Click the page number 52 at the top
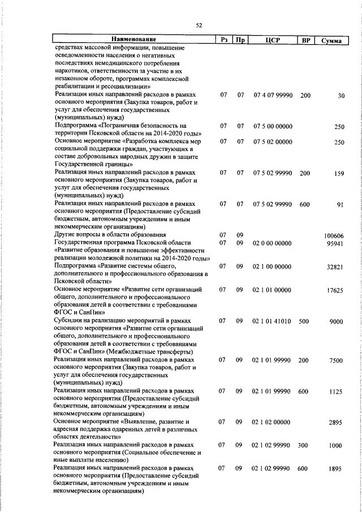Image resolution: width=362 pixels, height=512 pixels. pyautogui.click(x=199, y=25)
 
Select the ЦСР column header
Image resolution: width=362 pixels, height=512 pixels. pyautogui.click(x=273, y=40)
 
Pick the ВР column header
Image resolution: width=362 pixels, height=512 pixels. pyautogui.click(x=306, y=40)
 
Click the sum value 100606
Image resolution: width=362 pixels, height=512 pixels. pyautogui.click(x=334, y=235)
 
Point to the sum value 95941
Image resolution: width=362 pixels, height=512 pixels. pyautogui.click(x=334, y=244)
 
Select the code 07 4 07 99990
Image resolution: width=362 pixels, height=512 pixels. pyautogui.click(x=273, y=96)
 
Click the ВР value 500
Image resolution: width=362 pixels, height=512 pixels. pyautogui.click(x=304, y=321)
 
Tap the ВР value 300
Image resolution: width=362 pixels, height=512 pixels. pyautogui.click(x=304, y=446)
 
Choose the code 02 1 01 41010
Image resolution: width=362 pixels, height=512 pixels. pyautogui.click(x=272, y=321)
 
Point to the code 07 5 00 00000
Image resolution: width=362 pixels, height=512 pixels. pyautogui.click(x=273, y=126)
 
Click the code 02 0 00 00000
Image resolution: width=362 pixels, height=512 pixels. pyautogui.click(x=273, y=243)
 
